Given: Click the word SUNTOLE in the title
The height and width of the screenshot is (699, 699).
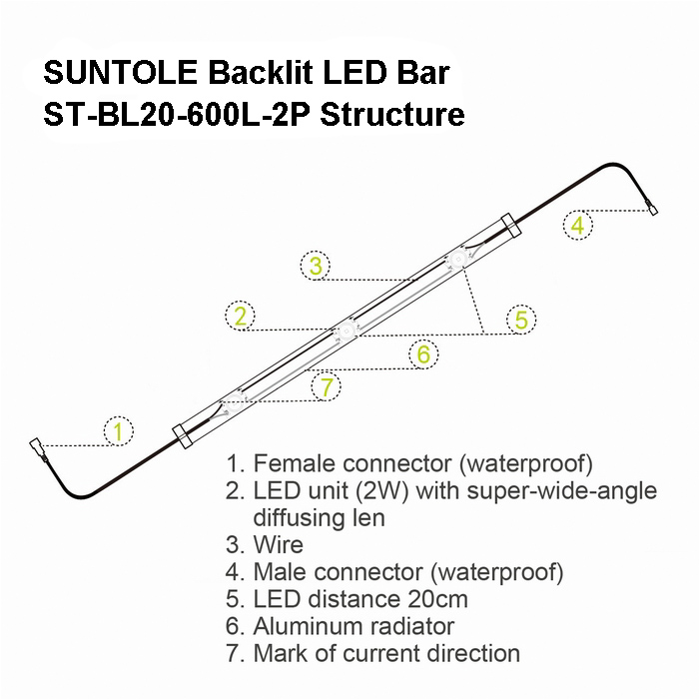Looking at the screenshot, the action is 121,73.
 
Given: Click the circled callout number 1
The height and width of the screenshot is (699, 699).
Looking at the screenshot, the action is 119,431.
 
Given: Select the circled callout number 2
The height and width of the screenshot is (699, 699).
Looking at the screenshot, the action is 241,317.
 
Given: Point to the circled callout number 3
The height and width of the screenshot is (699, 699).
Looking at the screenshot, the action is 316,266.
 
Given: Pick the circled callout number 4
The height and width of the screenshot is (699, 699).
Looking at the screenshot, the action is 578,225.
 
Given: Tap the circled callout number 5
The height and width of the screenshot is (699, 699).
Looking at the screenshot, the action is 521,320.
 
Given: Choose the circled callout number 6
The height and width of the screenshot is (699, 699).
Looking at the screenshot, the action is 423,354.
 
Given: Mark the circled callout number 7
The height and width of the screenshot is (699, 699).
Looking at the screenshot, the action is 327,386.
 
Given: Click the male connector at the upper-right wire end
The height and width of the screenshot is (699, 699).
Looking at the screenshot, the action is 652,208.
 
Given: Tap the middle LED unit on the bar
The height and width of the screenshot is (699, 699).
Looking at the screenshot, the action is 346,332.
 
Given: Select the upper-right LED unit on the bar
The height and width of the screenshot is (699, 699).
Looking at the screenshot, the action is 457,259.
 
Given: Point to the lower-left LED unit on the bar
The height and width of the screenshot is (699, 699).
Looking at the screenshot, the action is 234,403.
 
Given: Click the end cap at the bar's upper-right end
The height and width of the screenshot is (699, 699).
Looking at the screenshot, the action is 511,226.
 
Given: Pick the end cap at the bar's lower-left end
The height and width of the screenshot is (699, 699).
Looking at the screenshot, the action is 183,436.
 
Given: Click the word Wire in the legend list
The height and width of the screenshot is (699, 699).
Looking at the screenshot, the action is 279,545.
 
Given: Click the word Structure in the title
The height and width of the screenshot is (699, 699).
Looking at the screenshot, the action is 392,115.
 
